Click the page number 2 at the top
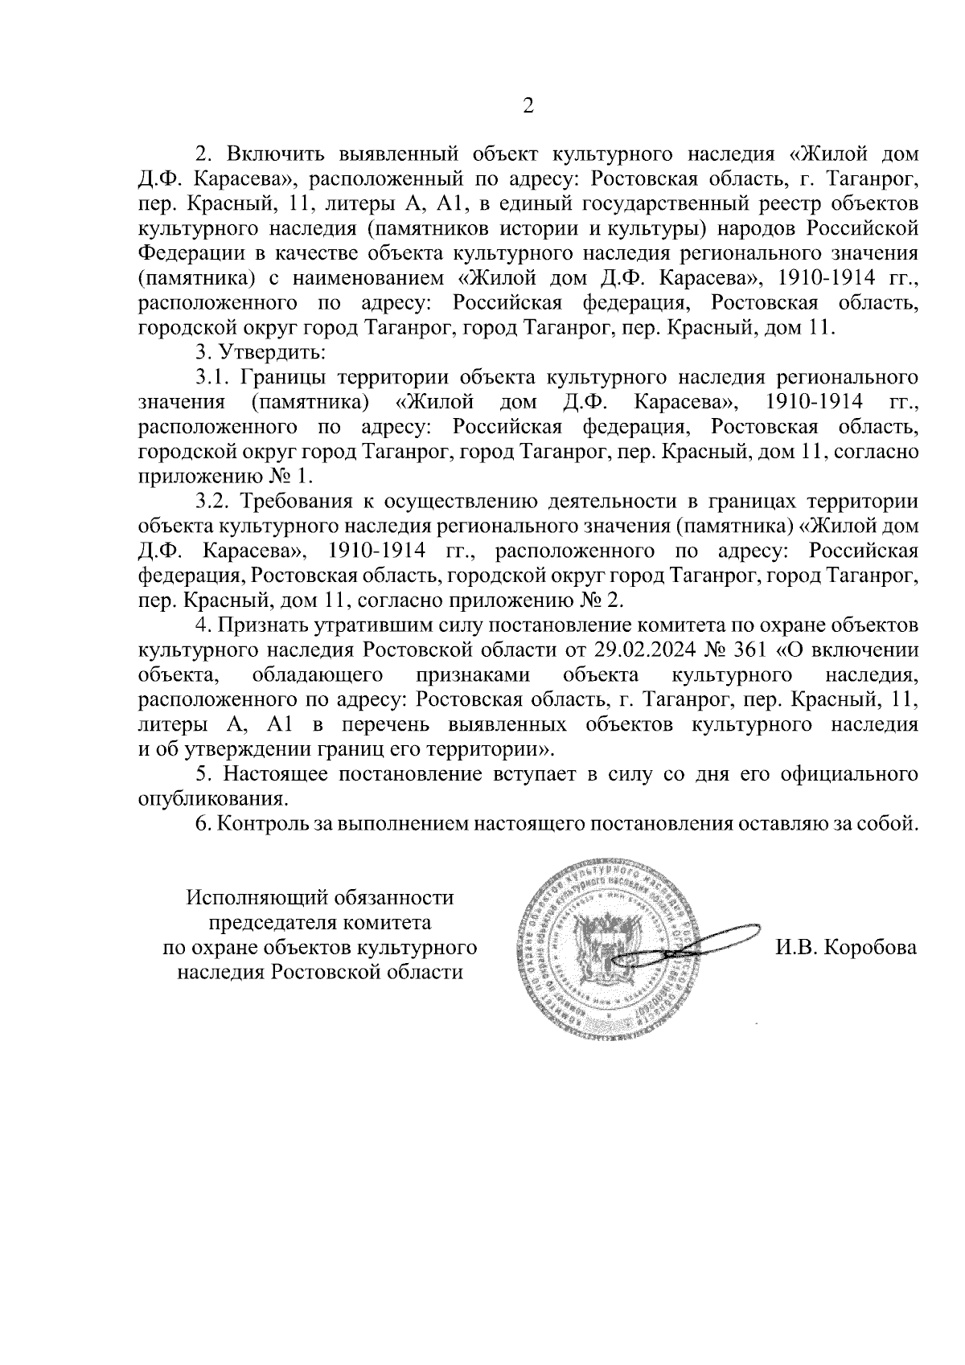[x=528, y=106]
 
